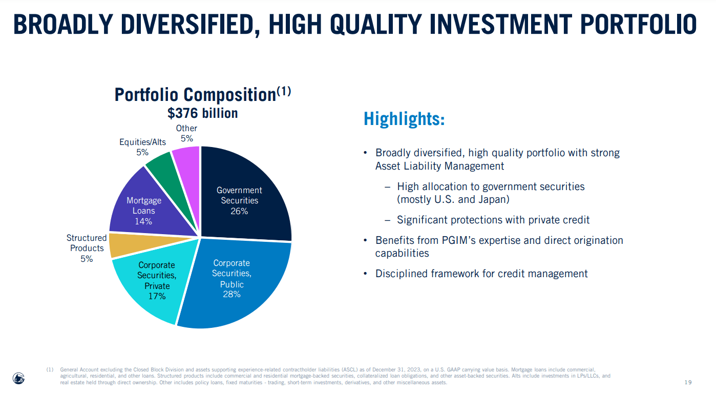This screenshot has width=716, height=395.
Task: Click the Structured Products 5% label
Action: (x=87, y=248)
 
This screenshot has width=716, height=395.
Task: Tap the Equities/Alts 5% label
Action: (x=142, y=147)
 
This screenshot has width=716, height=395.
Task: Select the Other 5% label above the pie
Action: (x=186, y=133)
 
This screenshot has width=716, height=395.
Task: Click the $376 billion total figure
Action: (x=202, y=113)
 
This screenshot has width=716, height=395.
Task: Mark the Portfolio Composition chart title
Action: (x=202, y=94)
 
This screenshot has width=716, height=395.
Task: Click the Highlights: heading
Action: (x=404, y=119)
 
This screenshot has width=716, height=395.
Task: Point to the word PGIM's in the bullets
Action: (x=472, y=240)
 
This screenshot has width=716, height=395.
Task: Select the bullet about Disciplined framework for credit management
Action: (x=481, y=274)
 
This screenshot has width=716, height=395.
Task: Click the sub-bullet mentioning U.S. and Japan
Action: (x=491, y=193)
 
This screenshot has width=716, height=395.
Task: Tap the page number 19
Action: (x=688, y=382)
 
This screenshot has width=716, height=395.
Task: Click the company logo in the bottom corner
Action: (x=18, y=378)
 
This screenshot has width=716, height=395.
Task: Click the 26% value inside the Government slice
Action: (x=239, y=211)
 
